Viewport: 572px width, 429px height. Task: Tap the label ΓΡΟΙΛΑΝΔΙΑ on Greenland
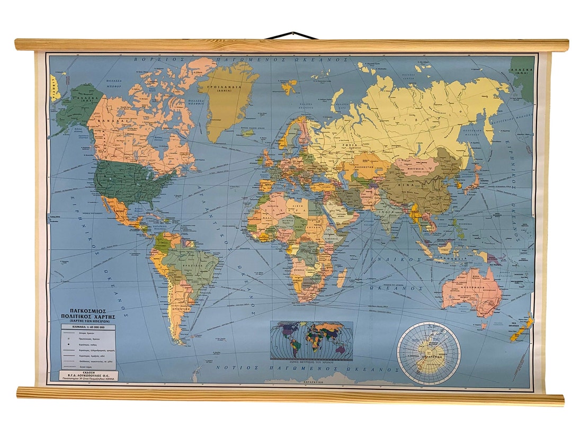click(x=226, y=87)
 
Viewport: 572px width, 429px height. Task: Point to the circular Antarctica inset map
click(x=428, y=353)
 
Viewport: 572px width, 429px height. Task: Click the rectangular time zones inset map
click(x=311, y=341)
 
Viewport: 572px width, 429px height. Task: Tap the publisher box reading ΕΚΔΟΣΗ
click(x=89, y=376)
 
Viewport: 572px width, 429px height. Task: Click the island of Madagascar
click(x=343, y=276)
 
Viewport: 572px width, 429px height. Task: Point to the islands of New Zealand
click(x=520, y=329)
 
